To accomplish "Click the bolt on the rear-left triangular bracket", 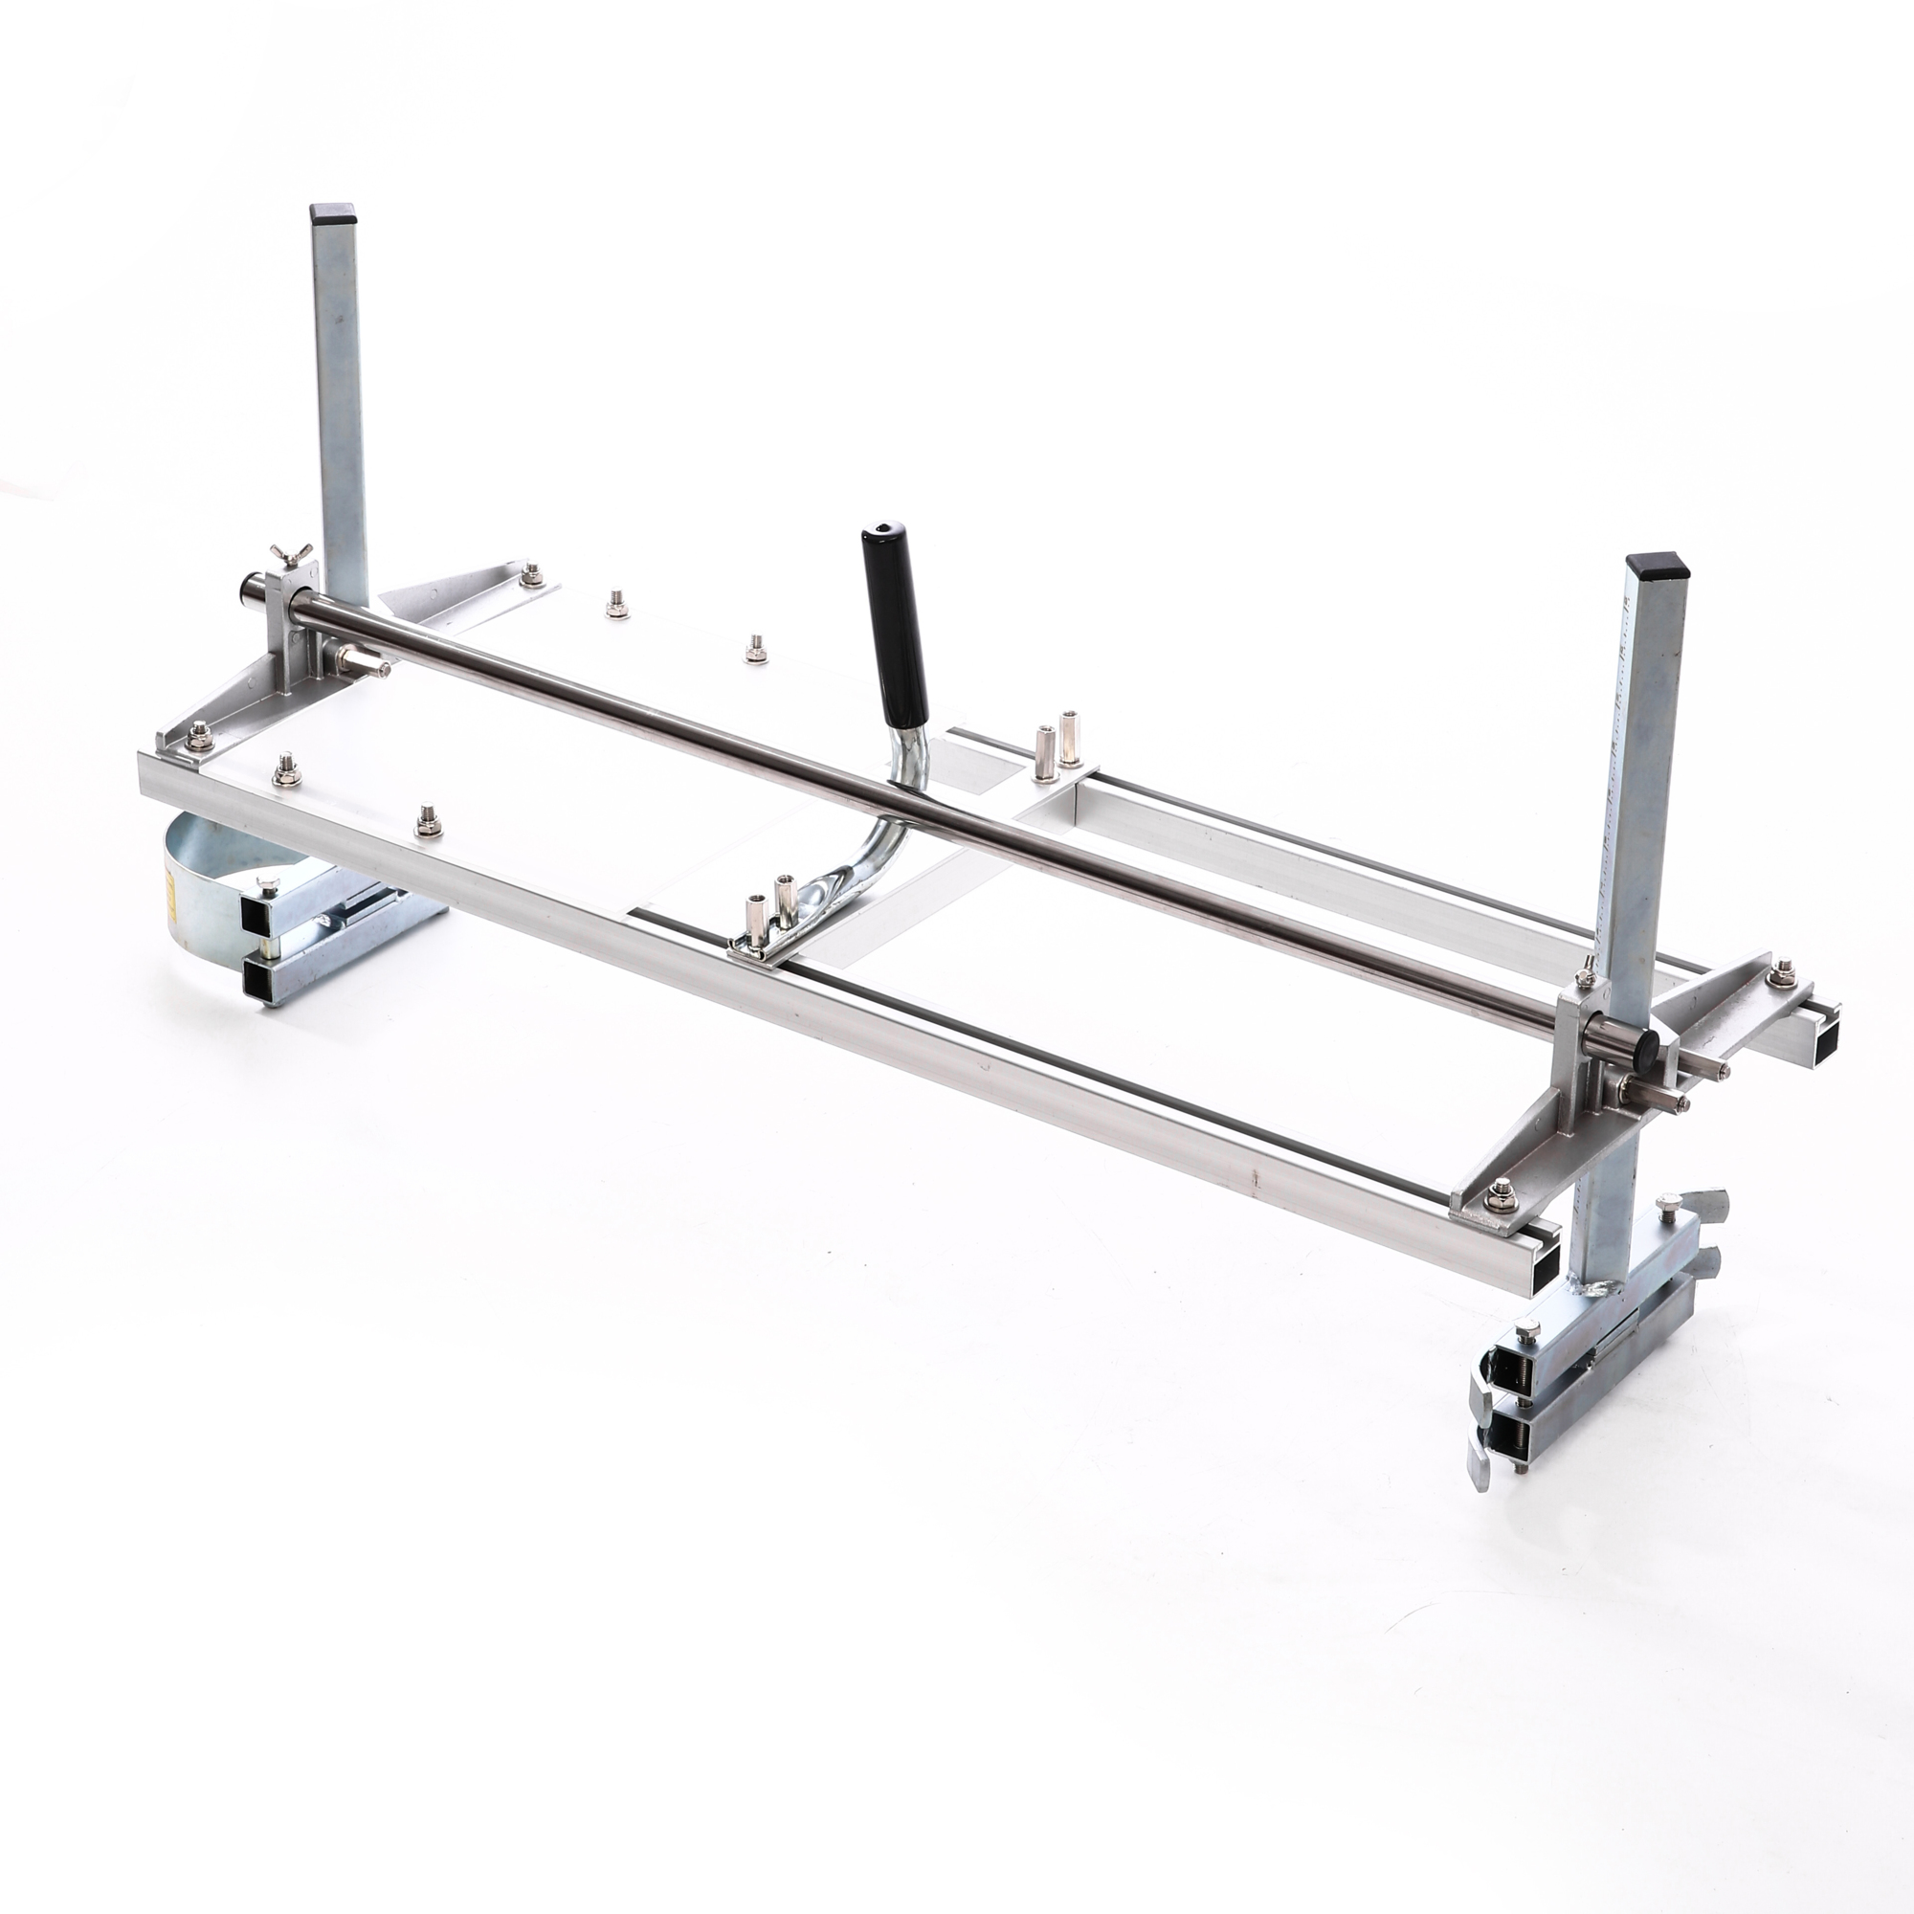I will tap(533, 570).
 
